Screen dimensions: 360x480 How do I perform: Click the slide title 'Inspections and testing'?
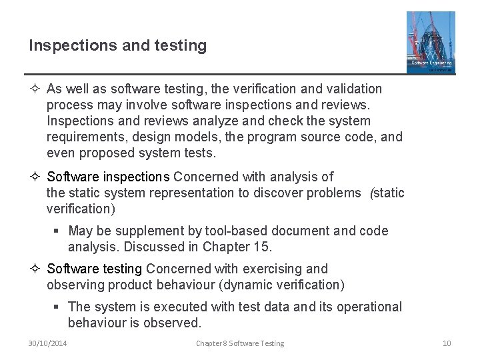(117, 45)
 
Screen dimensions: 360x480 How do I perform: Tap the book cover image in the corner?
(431, 41)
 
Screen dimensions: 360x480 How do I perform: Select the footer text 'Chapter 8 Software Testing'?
(240, 343)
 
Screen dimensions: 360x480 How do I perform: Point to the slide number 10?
(447, 343)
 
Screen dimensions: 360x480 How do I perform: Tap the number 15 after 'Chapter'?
(262, 247)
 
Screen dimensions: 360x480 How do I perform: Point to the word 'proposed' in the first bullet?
(105, 153)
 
